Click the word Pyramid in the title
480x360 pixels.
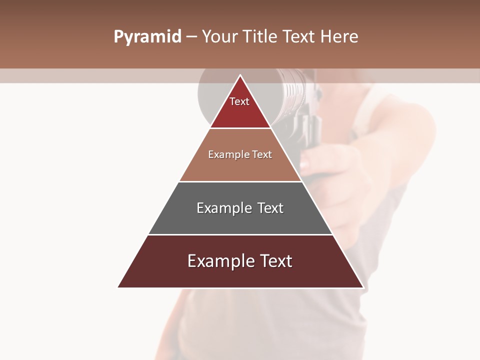(147, 37)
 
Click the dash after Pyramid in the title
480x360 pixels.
(191, 37)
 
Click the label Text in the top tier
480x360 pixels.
(239, 101)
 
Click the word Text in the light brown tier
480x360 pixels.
(262, 154)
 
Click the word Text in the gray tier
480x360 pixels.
(270, 208)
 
